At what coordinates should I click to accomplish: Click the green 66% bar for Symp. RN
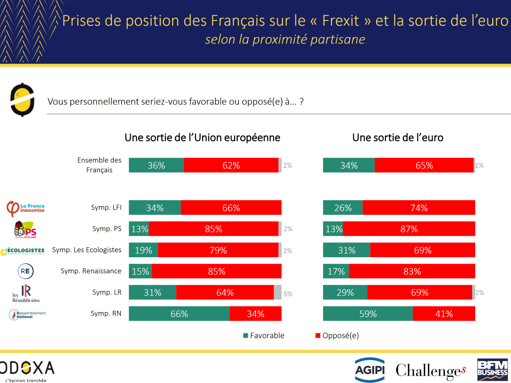[179, 314]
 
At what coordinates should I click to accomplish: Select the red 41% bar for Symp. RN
[444, 314]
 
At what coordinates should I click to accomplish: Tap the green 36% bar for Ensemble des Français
[156, 165]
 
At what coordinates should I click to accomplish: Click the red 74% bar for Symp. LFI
[419, 208]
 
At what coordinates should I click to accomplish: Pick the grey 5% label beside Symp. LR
[288, 294]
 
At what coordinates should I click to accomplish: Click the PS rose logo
[25, 229]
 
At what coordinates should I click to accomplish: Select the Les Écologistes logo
[23, 251]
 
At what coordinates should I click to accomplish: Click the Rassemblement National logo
[27, 314]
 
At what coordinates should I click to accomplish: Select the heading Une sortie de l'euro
[398, 138]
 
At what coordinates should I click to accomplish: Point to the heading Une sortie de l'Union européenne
[202, 138]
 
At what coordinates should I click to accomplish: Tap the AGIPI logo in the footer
[369, 370]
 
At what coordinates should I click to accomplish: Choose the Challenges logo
[431, 370]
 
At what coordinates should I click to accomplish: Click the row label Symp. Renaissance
[91, 271]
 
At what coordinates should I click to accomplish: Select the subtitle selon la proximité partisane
[285, 39]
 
